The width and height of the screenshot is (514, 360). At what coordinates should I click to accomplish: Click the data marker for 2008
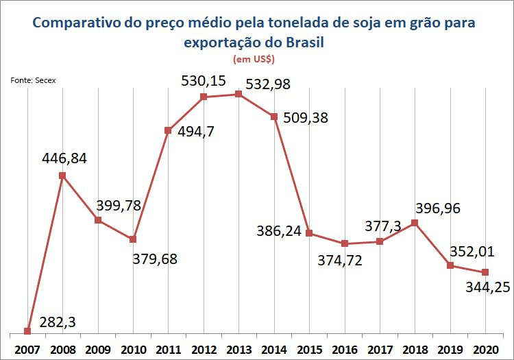click(62, 176)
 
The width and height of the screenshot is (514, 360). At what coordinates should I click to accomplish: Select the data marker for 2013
click(238, 94)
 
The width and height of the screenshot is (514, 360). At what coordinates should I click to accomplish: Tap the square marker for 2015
click(309, 233)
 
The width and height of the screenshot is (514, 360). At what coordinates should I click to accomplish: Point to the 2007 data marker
click(27, 331)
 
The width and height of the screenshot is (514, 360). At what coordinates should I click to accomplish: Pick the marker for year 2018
click(415, 222)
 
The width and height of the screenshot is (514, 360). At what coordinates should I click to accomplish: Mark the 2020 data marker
click(485, 272)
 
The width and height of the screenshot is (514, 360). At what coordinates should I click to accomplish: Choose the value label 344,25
click(487, 289)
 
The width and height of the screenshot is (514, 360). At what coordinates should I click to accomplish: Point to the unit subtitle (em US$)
click(256, 60)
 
